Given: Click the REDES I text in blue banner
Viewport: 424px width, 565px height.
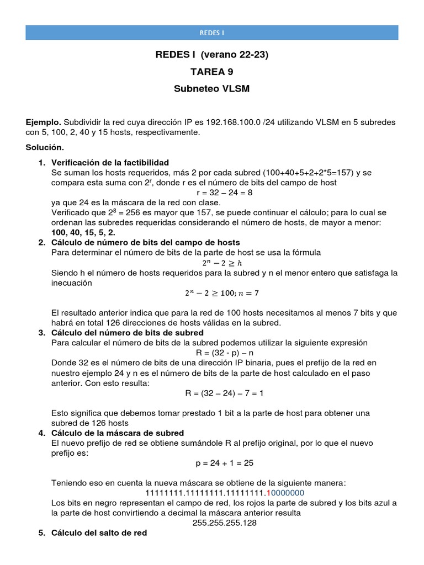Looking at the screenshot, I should click(x=212, y=33).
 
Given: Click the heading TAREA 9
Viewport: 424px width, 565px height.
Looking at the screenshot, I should click(x=212, y=72).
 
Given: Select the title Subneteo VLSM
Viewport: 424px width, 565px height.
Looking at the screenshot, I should click(x=212, y=89).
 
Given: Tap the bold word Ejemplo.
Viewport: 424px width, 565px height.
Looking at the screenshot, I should click(x=44, y=122).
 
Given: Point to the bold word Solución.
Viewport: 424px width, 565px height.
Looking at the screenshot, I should click(x=45, y=147).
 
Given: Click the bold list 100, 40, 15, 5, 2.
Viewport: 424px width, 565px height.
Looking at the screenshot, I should click(x=83, y=232).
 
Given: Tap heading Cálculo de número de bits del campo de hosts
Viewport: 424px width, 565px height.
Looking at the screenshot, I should click(x=145, y=242).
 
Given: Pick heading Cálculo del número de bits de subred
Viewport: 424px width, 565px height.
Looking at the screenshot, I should click(x=127, y=333).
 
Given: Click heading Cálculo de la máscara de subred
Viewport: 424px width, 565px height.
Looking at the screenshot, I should click(x=117, y=433).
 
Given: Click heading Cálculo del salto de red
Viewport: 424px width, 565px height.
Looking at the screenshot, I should click(x=99, y=533).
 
